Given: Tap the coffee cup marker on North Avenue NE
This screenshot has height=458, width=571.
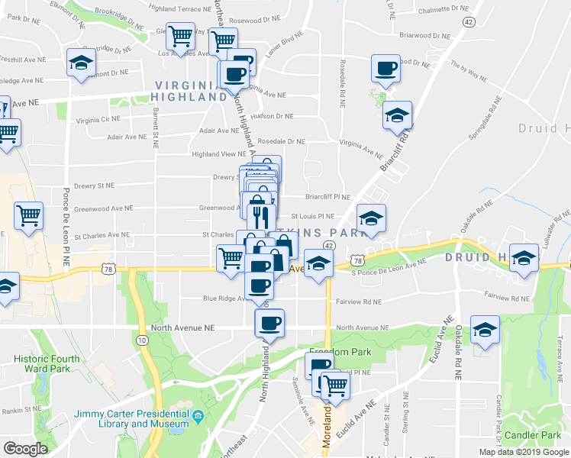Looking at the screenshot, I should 269,323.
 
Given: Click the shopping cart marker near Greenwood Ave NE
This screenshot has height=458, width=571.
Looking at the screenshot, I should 28,216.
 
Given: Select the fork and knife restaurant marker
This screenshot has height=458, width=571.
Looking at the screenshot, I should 261,217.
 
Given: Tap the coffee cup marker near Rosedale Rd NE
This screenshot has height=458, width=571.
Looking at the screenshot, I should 385,68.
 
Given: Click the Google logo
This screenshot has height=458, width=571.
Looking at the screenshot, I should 26,448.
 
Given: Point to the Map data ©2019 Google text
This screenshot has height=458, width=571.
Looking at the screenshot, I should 523,452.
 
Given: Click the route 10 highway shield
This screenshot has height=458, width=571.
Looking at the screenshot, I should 143,339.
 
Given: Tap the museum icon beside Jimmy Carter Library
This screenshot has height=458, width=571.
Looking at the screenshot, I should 198,416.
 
